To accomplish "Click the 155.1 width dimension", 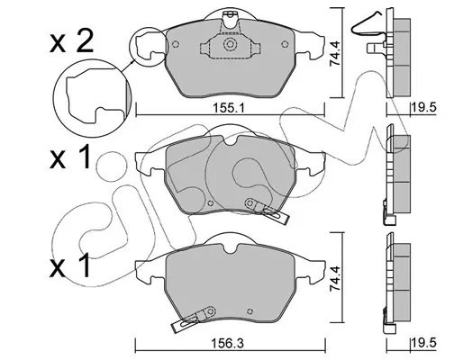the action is pyautogui.click(x=229, y=108).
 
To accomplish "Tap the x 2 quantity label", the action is pyautogui.click(x=72, y=42).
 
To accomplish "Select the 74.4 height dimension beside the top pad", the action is pyautogui.click(x=335, y=54).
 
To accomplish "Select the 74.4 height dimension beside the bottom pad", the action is pyautogui.click(x=335, y=278).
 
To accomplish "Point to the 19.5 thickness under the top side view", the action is pyautogui.click(x=423, y=107).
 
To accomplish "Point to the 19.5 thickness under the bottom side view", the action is pyautogui.click(x=423, y=343).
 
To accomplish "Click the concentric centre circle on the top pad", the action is pyautogui.click(x=230, y=44).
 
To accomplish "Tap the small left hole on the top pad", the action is pyautogui.click(x=176, y=44).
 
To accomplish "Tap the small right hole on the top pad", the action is pyautogui.click(x=285, y=44).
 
